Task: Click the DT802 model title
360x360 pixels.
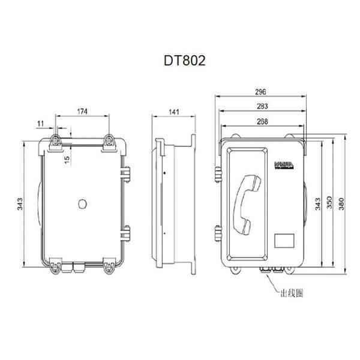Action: (180, 61)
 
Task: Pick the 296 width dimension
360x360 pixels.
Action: (261, 92)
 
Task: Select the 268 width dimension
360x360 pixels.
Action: (262, 121)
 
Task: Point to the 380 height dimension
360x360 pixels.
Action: (342, 204)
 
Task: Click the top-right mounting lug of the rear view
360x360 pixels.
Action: (110, 142)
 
